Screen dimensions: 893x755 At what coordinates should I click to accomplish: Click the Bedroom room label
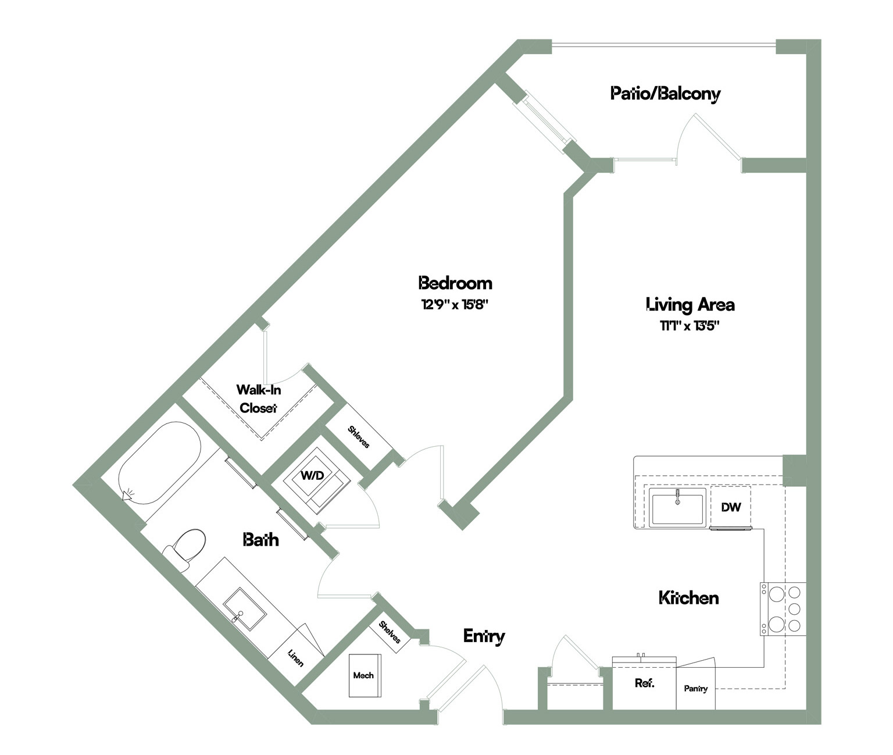455,283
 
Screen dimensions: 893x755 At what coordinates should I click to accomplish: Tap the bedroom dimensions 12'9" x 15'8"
455,304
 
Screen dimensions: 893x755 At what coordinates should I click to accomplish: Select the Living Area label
690,304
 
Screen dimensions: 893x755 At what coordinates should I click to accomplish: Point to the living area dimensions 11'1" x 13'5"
690,326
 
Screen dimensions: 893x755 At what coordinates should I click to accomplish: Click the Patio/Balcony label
665,93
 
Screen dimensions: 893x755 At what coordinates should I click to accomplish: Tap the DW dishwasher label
730,507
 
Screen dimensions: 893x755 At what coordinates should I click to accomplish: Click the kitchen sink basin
677,508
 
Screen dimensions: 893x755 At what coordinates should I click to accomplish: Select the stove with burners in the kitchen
783,609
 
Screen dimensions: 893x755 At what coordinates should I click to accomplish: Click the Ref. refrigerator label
644,683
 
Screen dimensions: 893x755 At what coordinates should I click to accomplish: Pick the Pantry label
695,688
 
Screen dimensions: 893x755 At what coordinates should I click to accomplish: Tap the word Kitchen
688,597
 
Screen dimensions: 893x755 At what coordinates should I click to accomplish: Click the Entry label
484,636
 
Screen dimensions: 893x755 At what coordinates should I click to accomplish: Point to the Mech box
365,675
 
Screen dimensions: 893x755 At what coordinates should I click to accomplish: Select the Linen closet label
295,658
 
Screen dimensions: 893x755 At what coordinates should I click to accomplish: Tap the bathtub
159,462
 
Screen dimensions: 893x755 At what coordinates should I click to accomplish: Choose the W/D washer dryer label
312,475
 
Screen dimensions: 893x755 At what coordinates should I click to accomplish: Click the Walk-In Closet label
258,399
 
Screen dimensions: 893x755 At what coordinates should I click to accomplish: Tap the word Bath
260,540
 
